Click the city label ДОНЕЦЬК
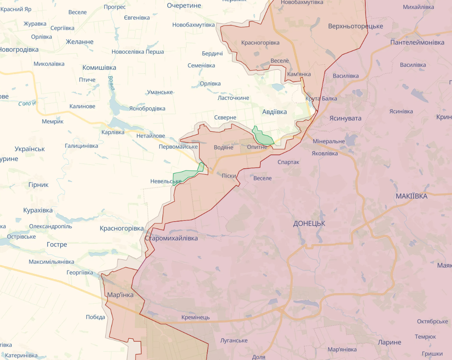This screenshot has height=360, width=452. coord(309,223)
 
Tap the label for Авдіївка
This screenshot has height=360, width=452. coord(274,111)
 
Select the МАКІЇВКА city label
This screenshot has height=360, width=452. coord(411,196)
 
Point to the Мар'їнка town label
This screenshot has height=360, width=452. coord(120,295)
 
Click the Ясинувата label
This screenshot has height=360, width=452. coord(345,118)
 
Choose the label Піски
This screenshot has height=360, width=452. coord(229,176)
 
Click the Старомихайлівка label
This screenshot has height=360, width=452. coord(171,238)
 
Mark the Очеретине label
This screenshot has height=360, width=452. coord(184,5)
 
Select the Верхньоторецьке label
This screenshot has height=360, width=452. coord(355,26)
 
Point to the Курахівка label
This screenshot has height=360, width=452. coord(38,210)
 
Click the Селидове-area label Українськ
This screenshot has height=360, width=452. coord(29,149)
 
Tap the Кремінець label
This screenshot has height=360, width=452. coord(195,317)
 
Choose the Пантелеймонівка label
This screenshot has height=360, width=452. coord(417,43)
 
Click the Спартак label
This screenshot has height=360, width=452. coord(288,162)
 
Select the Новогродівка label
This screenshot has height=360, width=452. coord(19,49)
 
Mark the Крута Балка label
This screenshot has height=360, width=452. coord(321,98)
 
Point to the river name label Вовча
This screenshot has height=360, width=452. coord(111,82)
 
